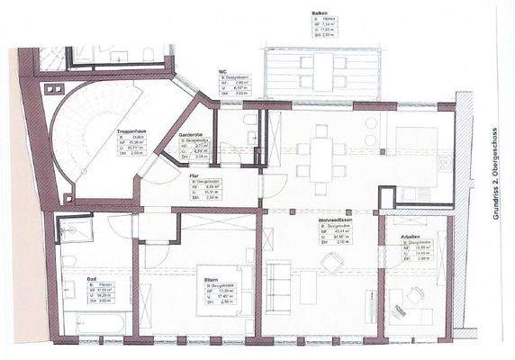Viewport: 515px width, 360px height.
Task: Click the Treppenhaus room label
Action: (x=131, y=132)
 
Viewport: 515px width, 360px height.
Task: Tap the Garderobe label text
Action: (x=190, y=134)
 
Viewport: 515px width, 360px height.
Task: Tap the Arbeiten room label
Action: (x=399, y=237)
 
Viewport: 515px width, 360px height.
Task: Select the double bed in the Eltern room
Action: (x=206, y=288)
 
